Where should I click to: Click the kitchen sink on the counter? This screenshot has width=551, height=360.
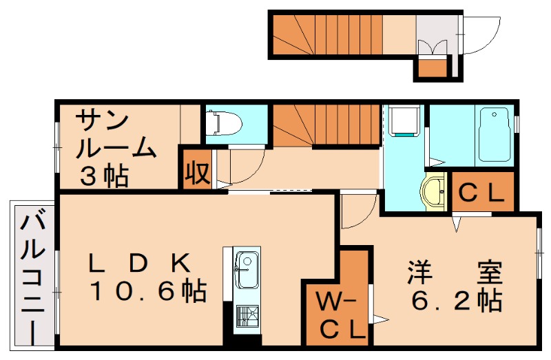tap(245, 270)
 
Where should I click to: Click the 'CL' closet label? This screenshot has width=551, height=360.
tap(482, 193)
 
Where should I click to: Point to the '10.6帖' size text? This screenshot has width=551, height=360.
tap(149, 292)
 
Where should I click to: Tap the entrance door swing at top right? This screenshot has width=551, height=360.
tap(473, 34)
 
